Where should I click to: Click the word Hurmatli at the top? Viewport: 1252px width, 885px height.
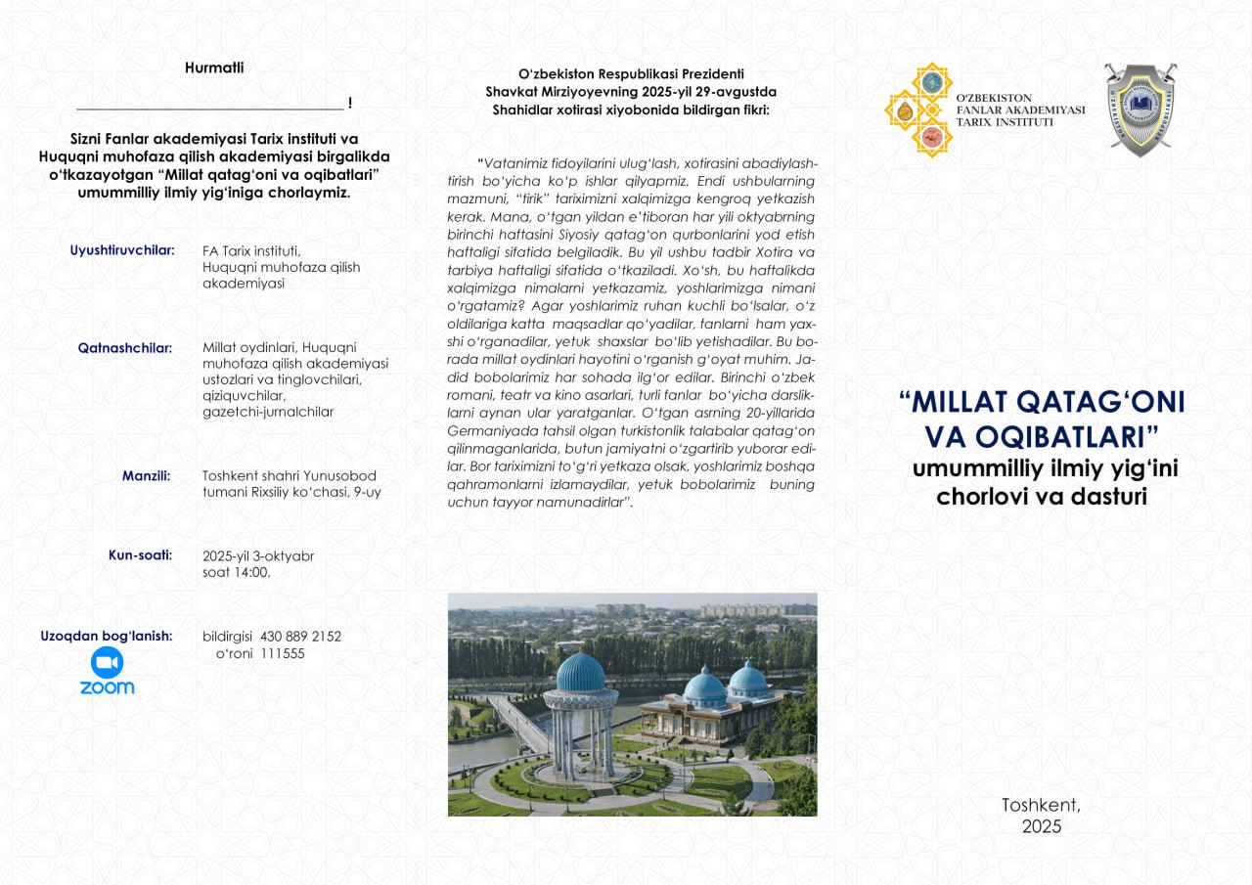click(214, 68)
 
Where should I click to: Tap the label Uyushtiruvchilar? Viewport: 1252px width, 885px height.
click(122, 250)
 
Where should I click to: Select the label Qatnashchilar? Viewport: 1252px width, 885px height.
click(125, 348)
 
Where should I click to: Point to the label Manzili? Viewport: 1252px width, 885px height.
click(146, 476)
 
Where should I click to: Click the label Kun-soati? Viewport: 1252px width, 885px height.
click(140, 555)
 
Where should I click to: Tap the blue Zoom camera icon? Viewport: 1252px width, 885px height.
click(107, 663)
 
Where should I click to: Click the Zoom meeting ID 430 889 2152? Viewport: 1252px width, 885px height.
click(300, 637)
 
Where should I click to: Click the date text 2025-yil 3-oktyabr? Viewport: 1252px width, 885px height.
click(258, 556)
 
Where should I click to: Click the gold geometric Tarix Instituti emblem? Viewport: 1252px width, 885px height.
click(918, 110)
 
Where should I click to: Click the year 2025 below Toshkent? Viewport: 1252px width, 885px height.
click(1041, 826)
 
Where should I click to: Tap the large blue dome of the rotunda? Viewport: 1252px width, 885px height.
click(580, 673)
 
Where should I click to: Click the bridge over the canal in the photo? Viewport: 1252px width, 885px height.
click(518, 724)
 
